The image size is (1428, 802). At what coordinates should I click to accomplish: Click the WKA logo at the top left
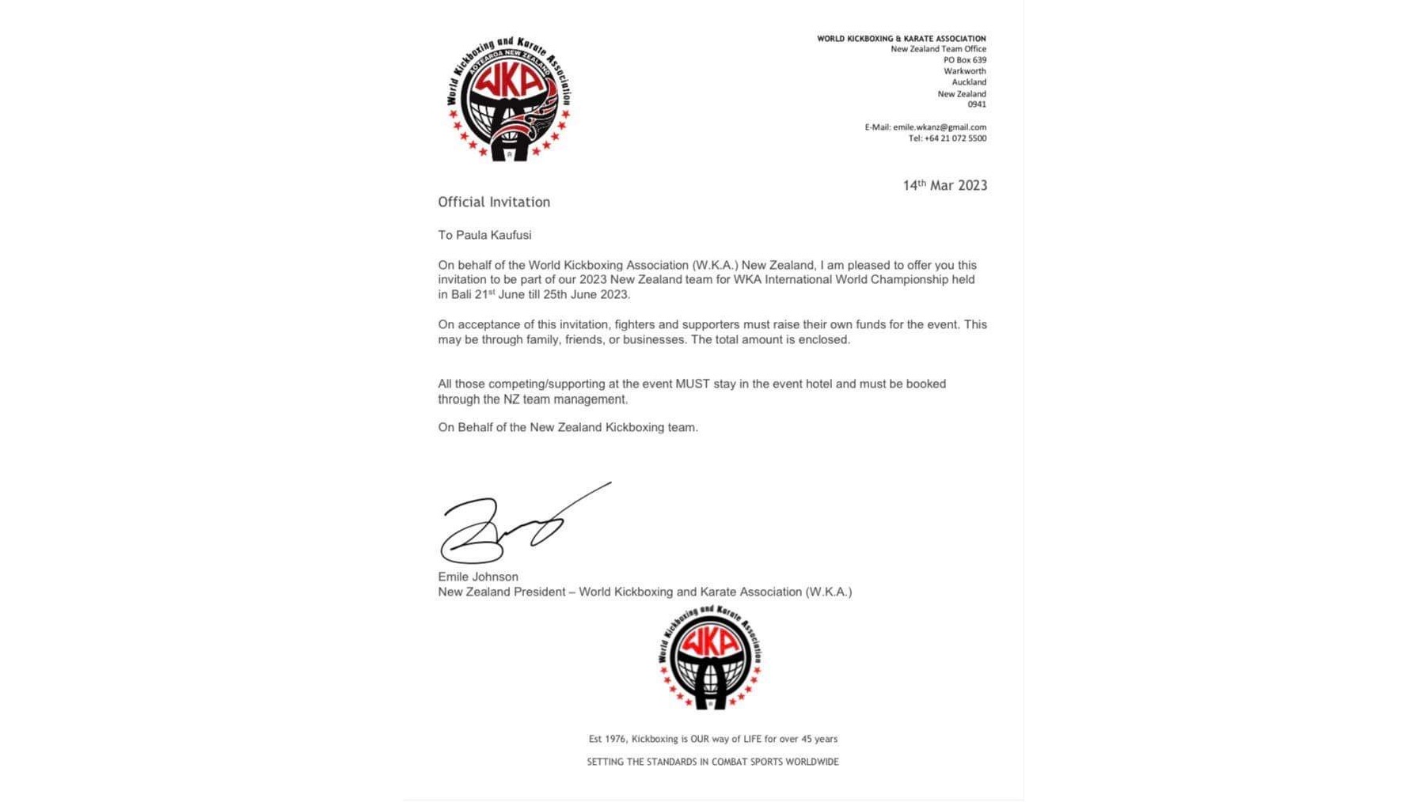[x=508, y=99]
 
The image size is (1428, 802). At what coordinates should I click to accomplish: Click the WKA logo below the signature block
[x=710, y=657]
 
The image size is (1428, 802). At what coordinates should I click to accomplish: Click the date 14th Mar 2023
[x=944, y=186]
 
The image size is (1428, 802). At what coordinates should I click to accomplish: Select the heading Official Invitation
[x=494, y=202]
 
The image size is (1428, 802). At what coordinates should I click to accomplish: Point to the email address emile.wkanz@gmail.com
[x=940, y=127]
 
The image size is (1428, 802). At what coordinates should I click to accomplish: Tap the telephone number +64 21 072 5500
[x=955, y=138]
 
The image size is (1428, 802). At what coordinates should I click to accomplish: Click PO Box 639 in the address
[x=964, y=60]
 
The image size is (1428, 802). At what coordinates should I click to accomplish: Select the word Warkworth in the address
[x=964, y=71]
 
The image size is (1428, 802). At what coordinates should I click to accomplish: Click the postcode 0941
[x=976, y=104]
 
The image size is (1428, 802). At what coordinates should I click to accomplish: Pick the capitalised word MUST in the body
[x=692, y=384]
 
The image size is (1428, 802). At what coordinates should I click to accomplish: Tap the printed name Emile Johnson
[x=478, y=577]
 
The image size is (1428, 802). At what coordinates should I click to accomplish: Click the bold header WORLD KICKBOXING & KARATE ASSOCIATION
[x=901, y=38]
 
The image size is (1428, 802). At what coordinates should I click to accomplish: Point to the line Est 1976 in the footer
[x=712, y=739]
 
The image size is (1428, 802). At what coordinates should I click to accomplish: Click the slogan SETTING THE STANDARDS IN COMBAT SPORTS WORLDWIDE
[x=712, y=762]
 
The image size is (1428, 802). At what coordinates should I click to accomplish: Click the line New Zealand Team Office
[x=938, y=49]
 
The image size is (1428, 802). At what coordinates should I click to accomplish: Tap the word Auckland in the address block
[x=968, y=82]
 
